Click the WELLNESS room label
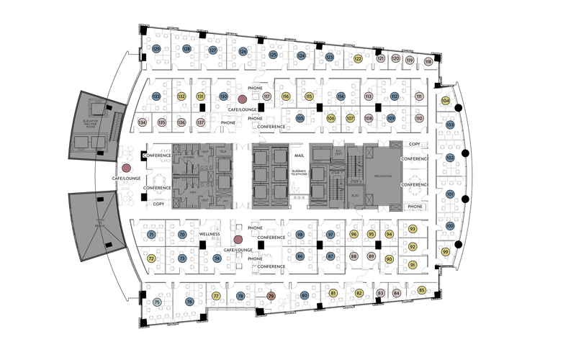[x=210, y=234]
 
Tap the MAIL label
[x=300, y=156]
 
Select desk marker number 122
[x=358, y=59]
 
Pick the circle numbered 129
[x=156, y=49]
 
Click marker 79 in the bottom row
[x=271, y=296]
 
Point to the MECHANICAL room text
[x=383, y=176]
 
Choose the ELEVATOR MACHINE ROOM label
[x=90, y=123]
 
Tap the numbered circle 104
[x=446, y=101]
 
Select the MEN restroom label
[x=192, y=192]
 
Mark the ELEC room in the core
[x=355, y=195]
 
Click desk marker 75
[x=157, y=302]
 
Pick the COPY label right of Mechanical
[x=415, y=144]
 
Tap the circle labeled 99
[x=446, y=252]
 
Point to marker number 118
[x=428, y=62]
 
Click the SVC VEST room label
[x=338, y=153]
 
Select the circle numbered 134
[x=143, y=122]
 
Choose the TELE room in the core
[x=224, y=152]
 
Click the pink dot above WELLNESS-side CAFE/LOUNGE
[x=238, y=240]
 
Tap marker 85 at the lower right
[x=422, y=290]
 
